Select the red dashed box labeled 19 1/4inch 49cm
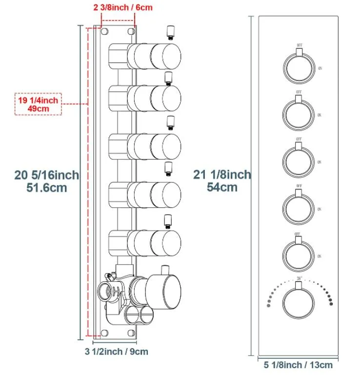(39, 104)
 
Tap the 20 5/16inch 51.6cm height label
(47, 180)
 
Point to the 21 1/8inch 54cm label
(222, 180)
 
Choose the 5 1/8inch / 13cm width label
(298, 364)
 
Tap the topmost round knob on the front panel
(299, 66)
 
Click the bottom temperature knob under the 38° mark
(299, 301)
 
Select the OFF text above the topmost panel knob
(299, 45)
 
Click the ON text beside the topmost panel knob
(320, 68)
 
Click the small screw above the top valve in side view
(169, 33)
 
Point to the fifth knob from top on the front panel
(299, 254)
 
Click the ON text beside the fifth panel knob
(320, 256)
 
